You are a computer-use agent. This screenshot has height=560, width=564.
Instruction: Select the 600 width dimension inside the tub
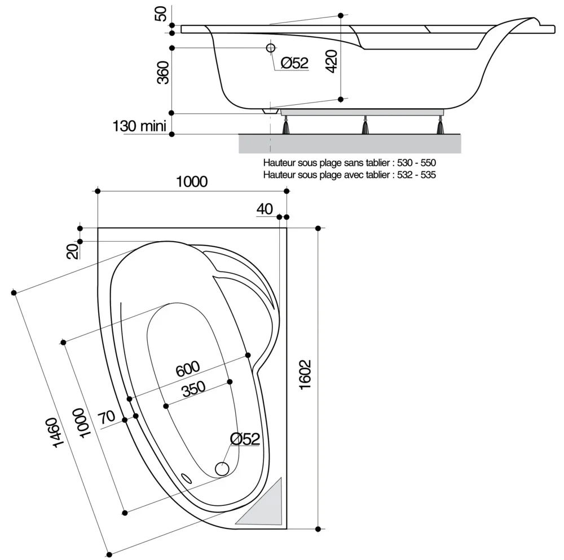tap(187, 368)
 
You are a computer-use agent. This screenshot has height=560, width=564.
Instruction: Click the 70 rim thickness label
tap(107, 417)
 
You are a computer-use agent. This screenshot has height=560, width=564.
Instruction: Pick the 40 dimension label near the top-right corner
tap(265, 209)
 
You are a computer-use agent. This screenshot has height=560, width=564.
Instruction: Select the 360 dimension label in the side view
tap(163, 73)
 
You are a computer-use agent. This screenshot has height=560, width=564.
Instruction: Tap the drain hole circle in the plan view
tap(222, 468)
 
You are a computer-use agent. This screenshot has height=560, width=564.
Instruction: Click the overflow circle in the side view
tap(271, 48)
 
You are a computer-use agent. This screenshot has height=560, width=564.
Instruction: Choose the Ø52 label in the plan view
tap(245, 439)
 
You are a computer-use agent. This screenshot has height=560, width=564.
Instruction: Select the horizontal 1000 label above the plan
tap(192, 181)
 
